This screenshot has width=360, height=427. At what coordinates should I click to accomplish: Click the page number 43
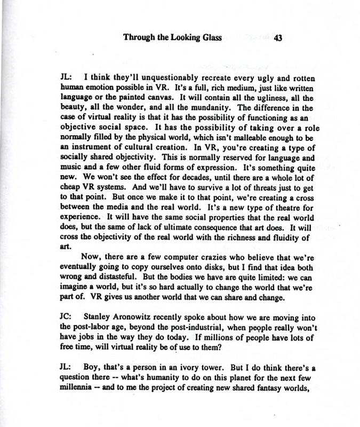coord(278,38)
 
